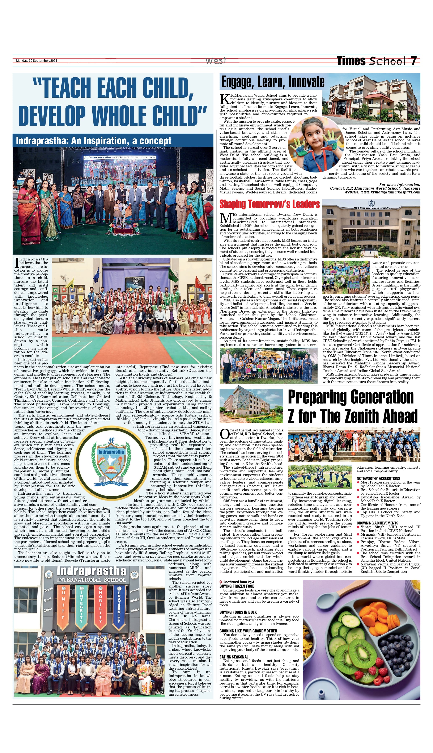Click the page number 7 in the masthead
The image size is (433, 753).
(x=414, y=61)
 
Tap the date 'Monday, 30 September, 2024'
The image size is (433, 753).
(x=36, y=61)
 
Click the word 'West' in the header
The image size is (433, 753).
(x=216, y=61)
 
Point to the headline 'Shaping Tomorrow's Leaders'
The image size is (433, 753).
(x=269, y=204)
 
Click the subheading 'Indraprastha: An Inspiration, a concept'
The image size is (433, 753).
(x=94, y=141)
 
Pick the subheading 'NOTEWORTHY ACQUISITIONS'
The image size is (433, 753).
(x=378, y=478)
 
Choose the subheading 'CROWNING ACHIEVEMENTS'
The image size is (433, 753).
(x=377, y=523)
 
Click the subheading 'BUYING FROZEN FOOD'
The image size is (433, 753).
(x=237, y=586)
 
